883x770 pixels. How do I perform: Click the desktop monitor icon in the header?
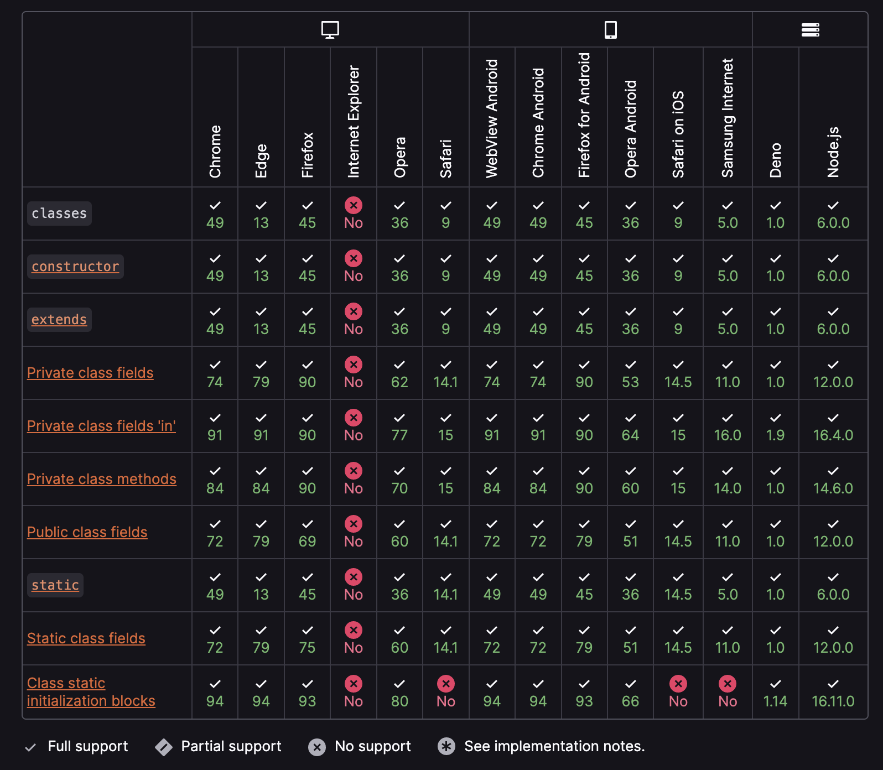(330, 29)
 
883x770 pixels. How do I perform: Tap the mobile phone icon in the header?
(610, 29)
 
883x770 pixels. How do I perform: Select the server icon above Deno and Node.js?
(810, 29)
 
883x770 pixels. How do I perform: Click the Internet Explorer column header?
(354, 122)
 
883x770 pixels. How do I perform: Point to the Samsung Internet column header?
(728, 118)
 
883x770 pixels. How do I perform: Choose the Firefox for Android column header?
(584, 115)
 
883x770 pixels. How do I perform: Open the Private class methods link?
(102, 479)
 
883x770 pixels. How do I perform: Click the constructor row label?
(75, 267)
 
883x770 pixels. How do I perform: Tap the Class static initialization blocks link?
(91, 692)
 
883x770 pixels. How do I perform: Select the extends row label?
(59, 320)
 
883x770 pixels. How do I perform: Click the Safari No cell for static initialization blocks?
(445, 693)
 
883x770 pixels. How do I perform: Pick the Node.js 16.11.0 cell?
(833, 693)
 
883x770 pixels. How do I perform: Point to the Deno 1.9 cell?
(775, 426)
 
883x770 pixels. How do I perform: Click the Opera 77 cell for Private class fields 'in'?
(399, 426)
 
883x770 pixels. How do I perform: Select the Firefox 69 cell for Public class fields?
(307, 533)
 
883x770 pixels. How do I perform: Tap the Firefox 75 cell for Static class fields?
(307, 639)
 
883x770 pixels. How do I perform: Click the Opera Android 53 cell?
(630, 373)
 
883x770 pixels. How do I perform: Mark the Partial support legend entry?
(219, 746)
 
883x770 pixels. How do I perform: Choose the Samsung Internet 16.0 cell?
(728, 426)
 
